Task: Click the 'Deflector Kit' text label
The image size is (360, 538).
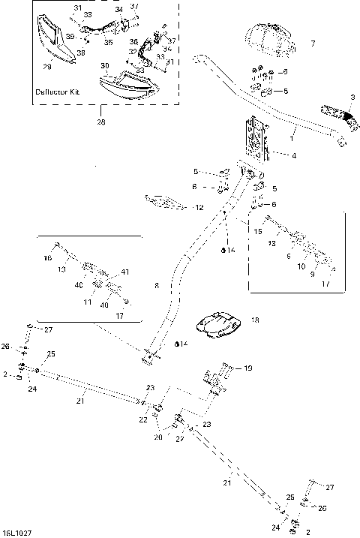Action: (x=58, y=92)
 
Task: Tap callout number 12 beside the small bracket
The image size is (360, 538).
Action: (x=197, y=206)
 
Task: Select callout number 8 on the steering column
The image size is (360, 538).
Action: (x=156, y=285)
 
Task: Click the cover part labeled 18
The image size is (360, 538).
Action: (x=218, y=324)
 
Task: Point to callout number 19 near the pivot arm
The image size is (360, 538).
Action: (x=248, y=368)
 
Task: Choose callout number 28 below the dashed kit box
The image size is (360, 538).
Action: (x=100, y=121)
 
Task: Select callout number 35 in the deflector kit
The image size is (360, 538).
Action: (x=108, y=43)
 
